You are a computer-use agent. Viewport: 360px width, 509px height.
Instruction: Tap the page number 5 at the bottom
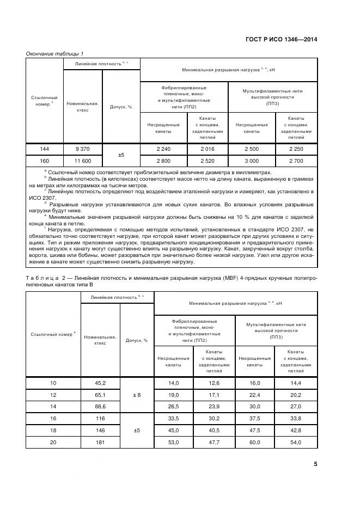click(x=315, y=464)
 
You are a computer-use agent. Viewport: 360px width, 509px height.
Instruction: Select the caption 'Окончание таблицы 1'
click(x=54, y=53)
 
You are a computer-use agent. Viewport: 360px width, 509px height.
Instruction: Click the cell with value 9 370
click(x=83, y=149)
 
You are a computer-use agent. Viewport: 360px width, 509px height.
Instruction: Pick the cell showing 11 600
click(x=83, y=161)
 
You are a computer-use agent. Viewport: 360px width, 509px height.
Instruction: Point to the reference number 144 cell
click(x=45, y=149)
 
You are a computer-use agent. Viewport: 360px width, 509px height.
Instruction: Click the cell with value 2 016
click(x=207, y=149)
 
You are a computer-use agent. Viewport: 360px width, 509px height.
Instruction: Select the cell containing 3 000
click(x=251, y=161)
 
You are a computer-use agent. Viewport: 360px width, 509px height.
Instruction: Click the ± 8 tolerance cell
click(x=137, y=395)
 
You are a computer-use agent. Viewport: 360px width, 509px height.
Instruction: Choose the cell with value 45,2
click(x=100, y=383)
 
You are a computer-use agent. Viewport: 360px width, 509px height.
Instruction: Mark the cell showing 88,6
click(x=100, y=406)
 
